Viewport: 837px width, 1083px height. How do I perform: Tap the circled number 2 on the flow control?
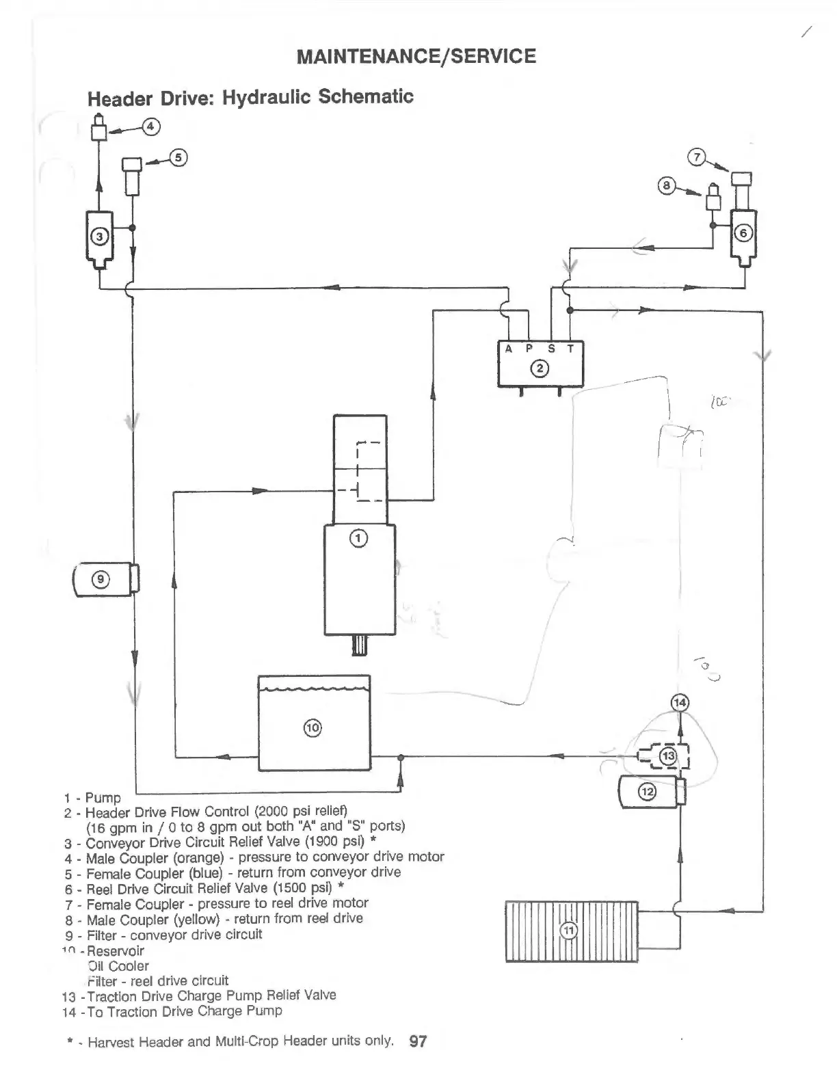pos(540,369)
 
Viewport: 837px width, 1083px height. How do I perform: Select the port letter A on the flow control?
pos(508,349)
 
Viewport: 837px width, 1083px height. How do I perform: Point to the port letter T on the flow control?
pos(571,349)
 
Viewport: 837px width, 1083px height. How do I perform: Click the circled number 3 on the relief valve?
pos(100,237)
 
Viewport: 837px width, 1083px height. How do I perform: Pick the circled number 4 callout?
pos(151,126)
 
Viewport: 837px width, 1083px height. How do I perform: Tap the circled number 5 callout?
pos(178,157)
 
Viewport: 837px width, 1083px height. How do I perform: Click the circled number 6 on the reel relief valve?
pos(743,233)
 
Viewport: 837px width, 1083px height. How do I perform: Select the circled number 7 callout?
pos(697,157)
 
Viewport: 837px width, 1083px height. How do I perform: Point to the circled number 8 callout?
pos(667,185)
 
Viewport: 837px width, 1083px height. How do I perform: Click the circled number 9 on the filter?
pos(101,579)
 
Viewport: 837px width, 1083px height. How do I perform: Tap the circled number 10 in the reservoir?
pos(313,727)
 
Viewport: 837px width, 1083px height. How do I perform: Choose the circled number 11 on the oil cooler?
pos(569,931)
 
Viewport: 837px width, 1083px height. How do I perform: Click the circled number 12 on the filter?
pos(646,792)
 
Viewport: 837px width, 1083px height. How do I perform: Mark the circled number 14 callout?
pos(680,702)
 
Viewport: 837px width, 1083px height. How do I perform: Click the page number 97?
pos(418,1041)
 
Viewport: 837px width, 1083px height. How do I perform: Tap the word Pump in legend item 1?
pos(103,798)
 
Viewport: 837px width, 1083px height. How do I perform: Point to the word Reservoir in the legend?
pos(116,950)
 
